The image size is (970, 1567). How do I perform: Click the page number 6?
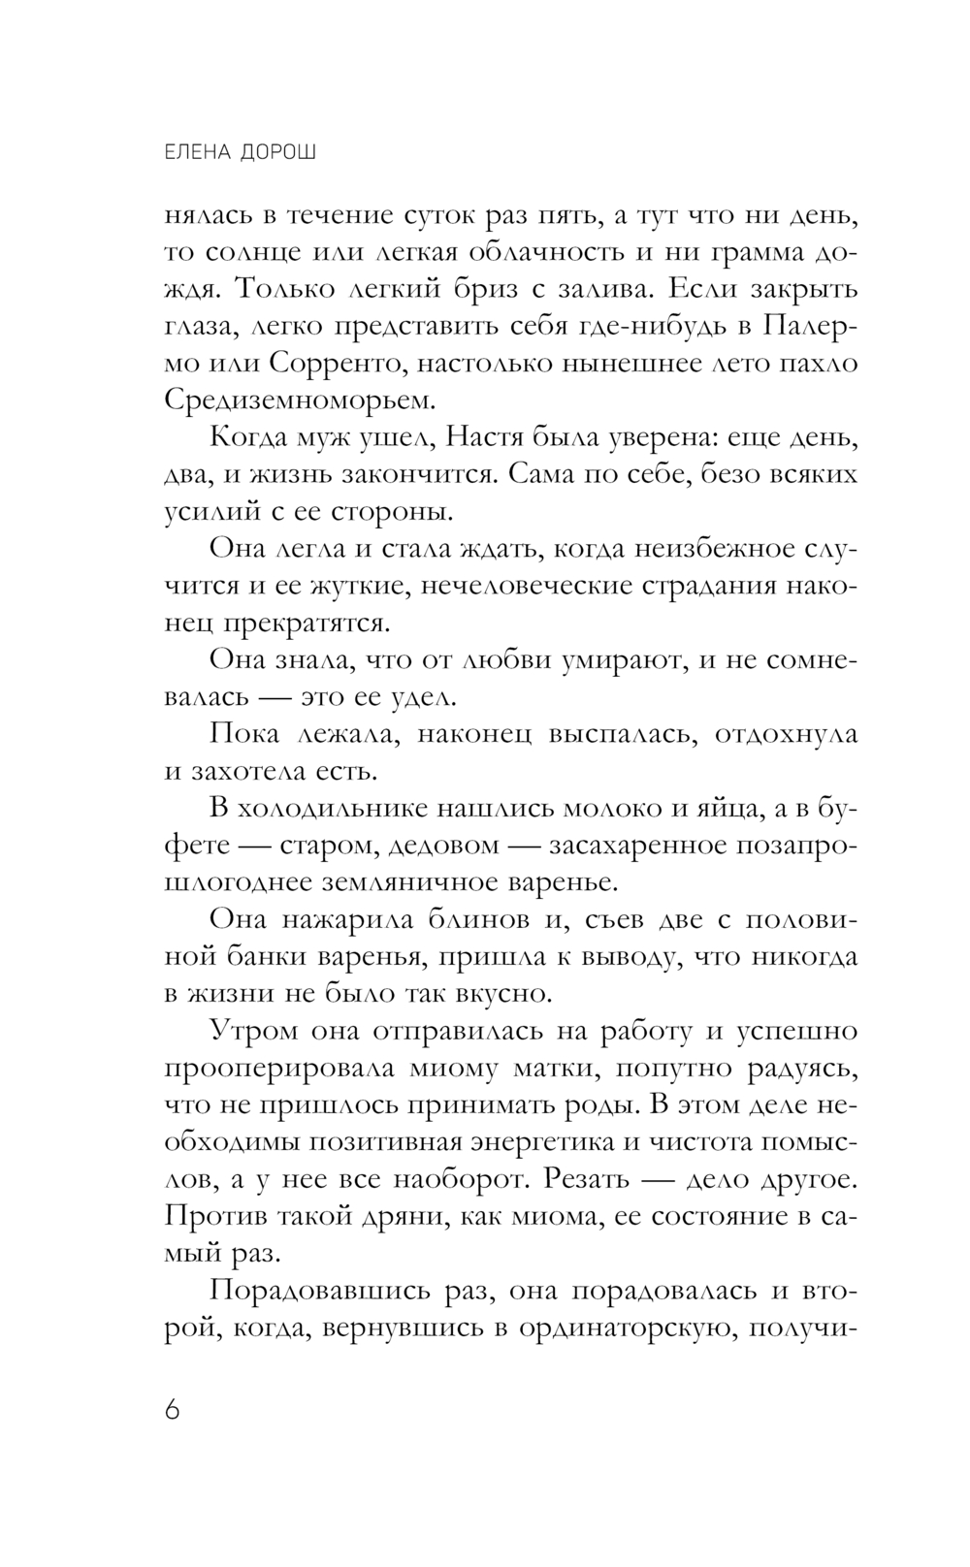tap(173, 1408)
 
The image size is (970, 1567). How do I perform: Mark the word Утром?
tap(254, 1031)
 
